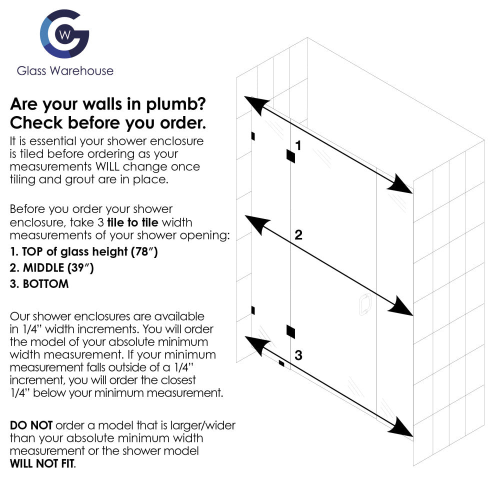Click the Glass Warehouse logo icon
[64, 33]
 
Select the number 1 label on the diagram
[298, 145]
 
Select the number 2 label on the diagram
[298, 235]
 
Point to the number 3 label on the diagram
[298, 355]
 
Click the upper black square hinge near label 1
[290, 156]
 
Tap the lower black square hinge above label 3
[290, 330]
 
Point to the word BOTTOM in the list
[45, 284]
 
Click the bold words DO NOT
[31, 425]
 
